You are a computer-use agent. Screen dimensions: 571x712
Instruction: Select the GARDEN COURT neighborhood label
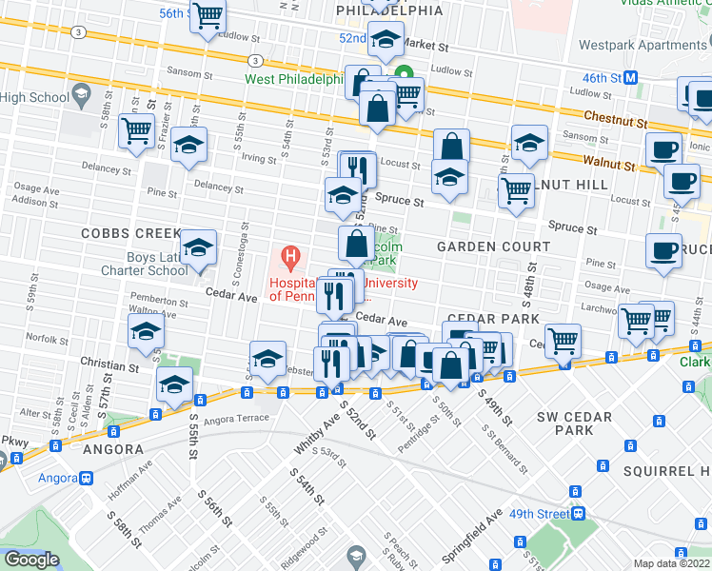click(x=493, y=246)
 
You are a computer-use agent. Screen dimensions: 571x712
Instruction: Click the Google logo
click(x=31, y=560)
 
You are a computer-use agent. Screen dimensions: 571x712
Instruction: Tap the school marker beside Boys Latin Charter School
click(x=197, y=247)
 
